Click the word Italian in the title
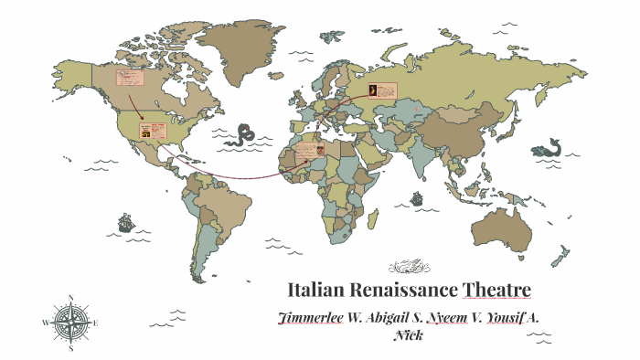(313, 291)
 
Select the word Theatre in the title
(496, 291)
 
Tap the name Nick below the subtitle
(407, 334)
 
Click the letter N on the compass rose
(71, 297)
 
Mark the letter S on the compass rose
(71, 348)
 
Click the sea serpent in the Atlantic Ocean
(241, 134)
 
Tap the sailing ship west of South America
(125, 222)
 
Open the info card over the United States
(151, 130)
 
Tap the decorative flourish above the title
(409, 267)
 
